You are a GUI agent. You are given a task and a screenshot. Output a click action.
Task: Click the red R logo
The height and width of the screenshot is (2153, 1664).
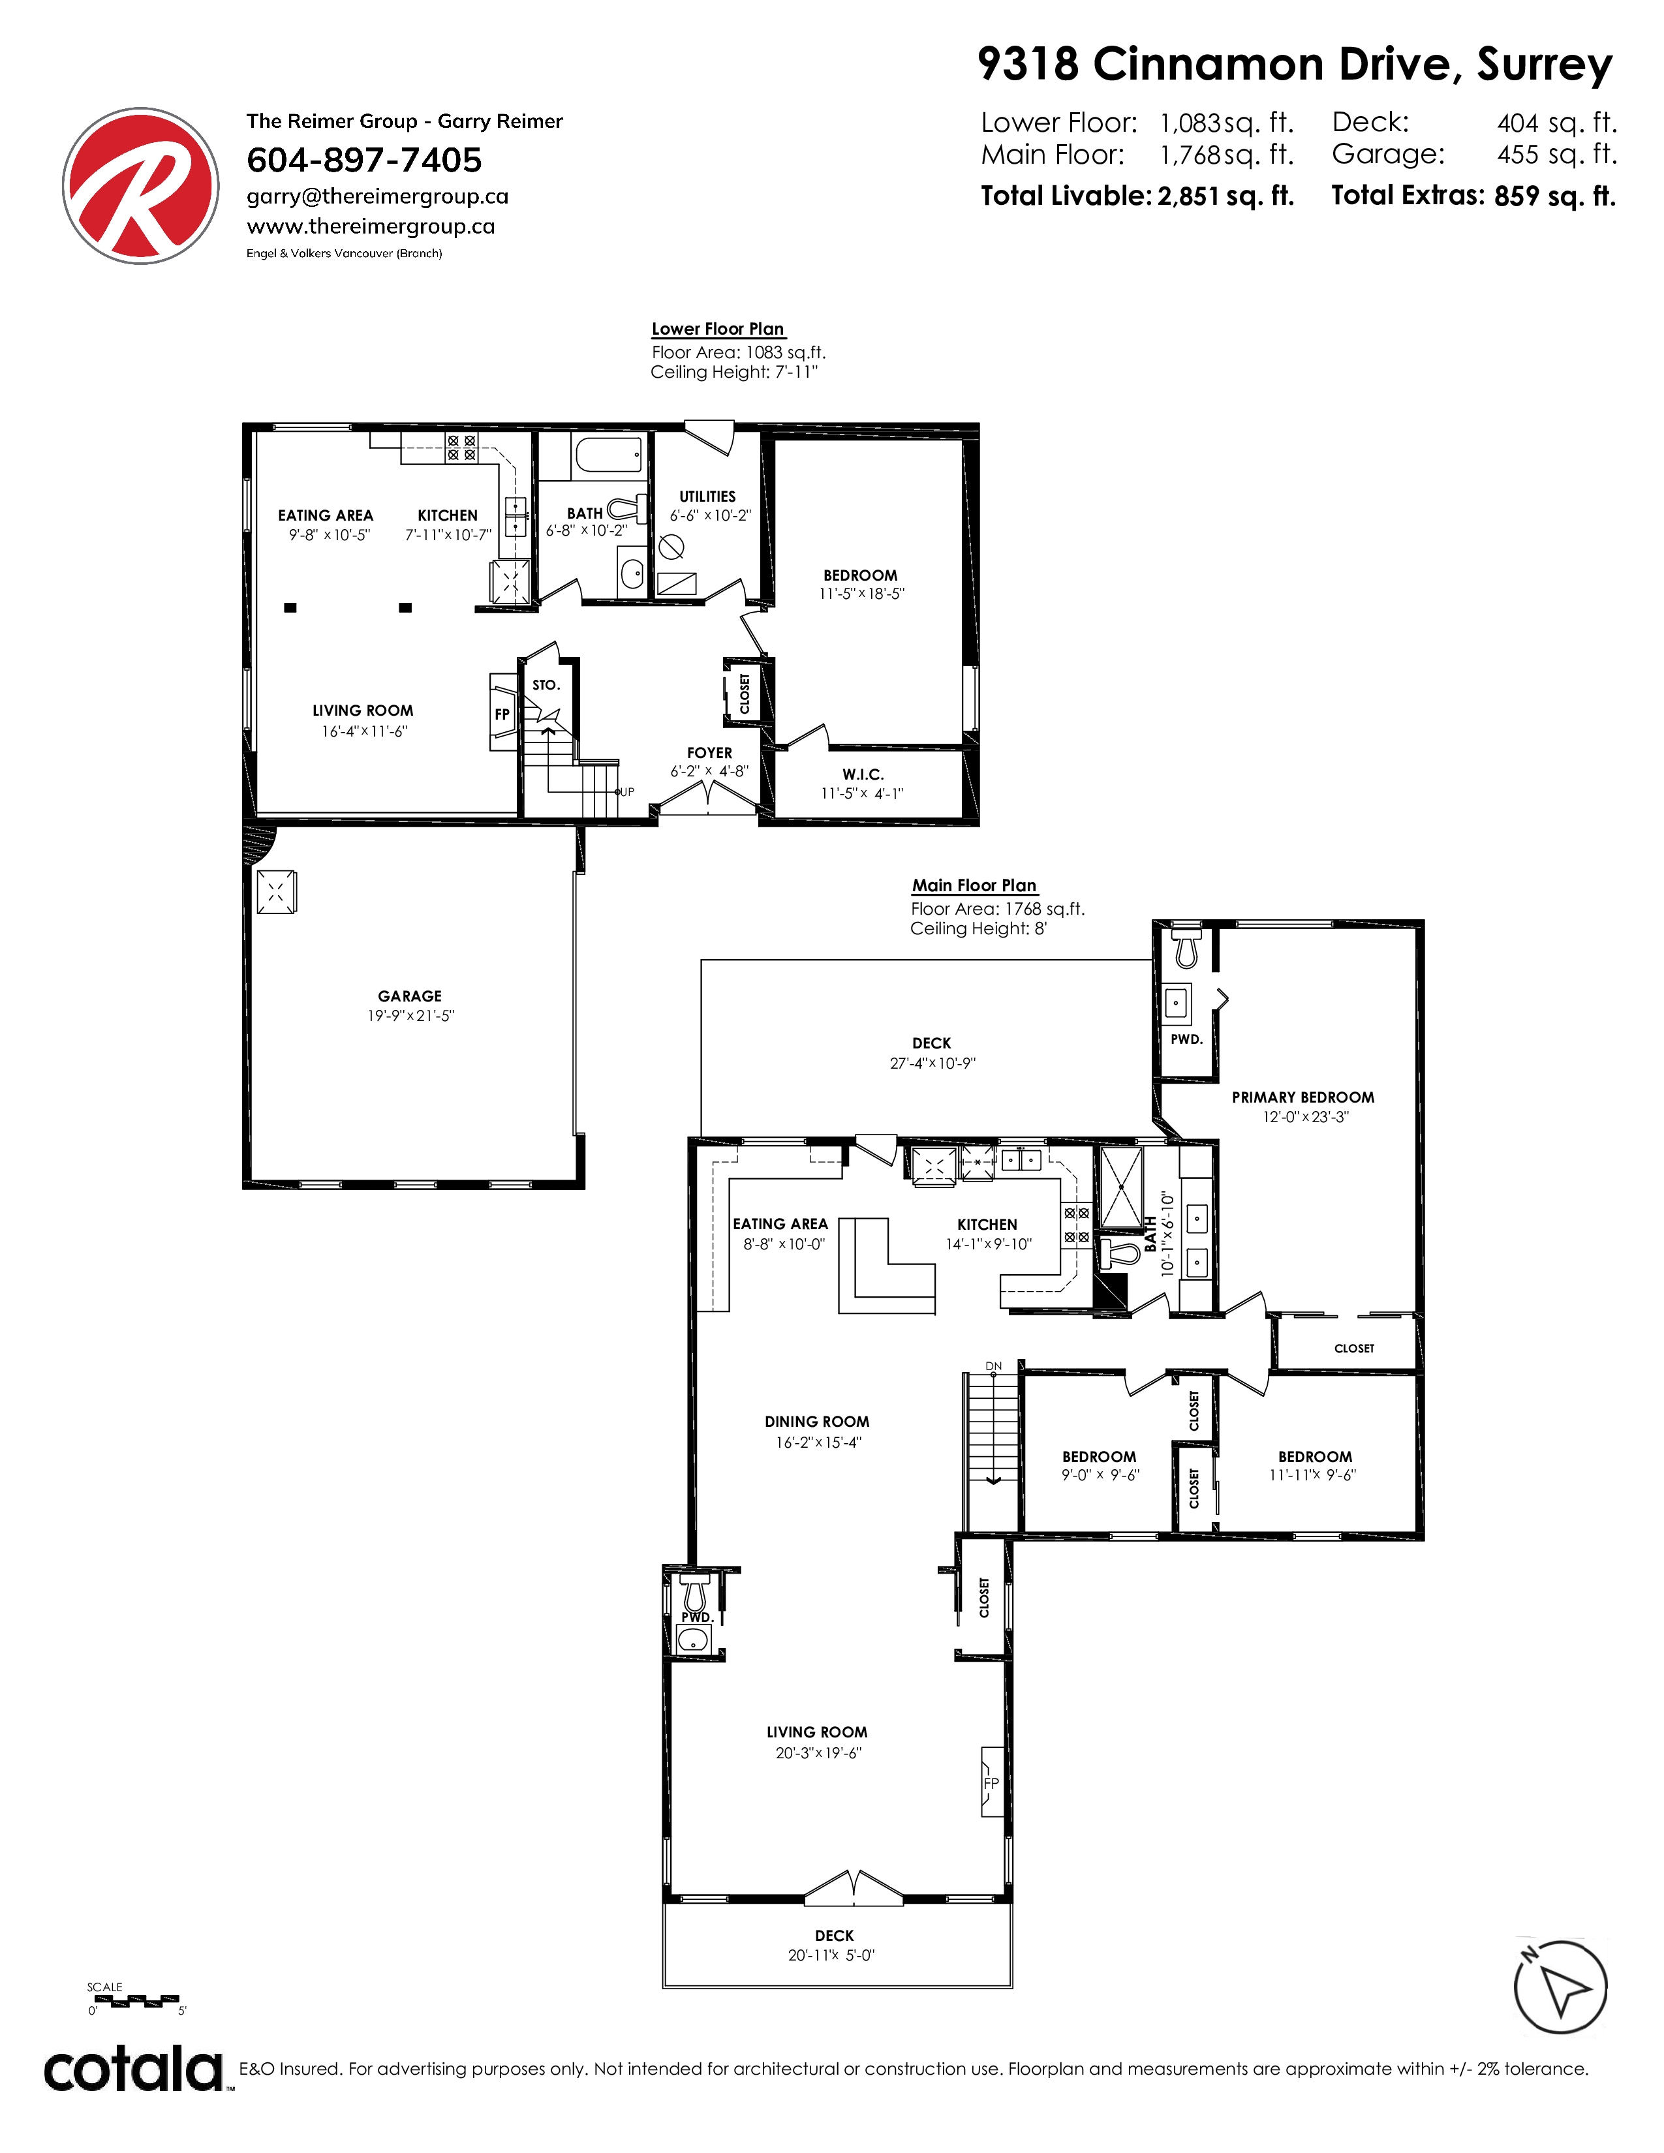(x=141, y=187)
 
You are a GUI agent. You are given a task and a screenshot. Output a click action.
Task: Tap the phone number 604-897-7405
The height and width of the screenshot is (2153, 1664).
(x=363, y=160)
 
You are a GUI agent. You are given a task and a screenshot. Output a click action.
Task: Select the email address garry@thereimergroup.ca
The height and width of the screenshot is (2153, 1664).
(x=378, y=196)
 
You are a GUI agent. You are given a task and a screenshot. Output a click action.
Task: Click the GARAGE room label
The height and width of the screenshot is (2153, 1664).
(x=410, y=996)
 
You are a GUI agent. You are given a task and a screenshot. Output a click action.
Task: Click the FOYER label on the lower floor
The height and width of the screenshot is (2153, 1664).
(x=710, y=752)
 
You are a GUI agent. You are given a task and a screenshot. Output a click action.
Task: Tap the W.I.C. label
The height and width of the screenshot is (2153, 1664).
(x=863, y=774)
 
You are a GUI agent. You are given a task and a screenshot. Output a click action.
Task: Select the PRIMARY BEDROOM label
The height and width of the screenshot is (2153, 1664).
(x=1303, y=1097)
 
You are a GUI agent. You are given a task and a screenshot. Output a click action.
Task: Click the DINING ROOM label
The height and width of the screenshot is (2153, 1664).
(x=817, y=1422)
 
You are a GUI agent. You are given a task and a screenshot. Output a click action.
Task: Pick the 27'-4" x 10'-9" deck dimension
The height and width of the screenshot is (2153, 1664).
(x=932, y=1063)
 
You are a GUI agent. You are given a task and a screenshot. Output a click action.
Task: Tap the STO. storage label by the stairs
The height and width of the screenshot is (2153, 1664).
(x=546, y=685)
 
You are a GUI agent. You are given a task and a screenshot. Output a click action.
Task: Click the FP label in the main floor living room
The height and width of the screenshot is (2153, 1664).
(x=991, y=1782)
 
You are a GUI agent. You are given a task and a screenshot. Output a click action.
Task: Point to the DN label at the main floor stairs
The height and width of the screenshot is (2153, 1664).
(x=994, y=1366)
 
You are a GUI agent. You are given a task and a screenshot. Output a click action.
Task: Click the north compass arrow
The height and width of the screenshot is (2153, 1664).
(x=1560, y=1987)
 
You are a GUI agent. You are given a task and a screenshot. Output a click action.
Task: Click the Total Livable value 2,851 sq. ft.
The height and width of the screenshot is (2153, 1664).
(x=1225, y=196)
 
